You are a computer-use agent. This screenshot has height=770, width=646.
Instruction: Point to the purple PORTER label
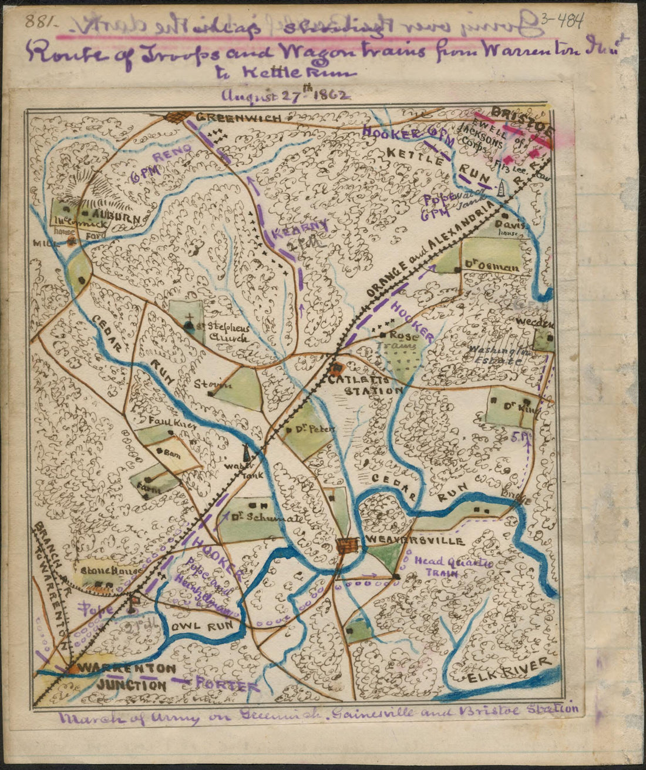[x=226, y=685]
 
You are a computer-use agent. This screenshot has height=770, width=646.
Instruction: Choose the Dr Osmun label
[x=492, y=268]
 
